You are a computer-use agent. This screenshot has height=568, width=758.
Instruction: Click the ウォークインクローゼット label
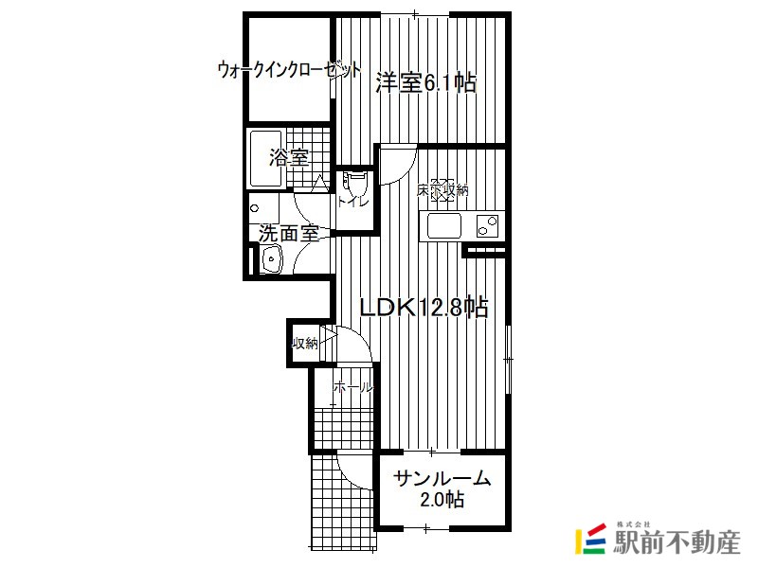[289, 70]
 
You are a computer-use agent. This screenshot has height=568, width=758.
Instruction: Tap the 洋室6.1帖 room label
[426, 83]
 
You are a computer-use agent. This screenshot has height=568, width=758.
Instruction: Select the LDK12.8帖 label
[424, 307]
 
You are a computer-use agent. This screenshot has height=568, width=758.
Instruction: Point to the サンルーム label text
[442, 478]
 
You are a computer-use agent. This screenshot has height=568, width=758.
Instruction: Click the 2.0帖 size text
[442, 500]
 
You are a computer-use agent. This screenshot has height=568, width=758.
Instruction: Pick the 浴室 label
[289, 157]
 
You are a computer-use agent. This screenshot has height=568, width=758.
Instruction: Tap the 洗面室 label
[289, 234]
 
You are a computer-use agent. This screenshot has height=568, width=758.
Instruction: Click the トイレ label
[352, 203]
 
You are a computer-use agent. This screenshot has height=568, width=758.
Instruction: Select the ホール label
[353, 387]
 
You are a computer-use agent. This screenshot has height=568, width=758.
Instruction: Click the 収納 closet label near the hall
[304, 344]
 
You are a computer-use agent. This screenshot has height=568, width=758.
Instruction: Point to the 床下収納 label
[442, 191]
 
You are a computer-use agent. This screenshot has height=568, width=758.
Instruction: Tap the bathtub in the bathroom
[265, 159]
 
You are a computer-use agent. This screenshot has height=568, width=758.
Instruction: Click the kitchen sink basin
[443, 225]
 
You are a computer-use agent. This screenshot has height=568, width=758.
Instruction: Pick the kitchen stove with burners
[487, 225]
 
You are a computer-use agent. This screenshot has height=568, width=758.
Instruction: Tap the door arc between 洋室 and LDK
[401, 171]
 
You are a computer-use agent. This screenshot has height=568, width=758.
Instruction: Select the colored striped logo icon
[590, 539]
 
